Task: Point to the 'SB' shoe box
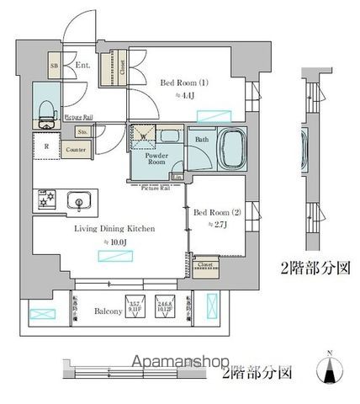coord(54,64)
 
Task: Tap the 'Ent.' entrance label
coord(83,63)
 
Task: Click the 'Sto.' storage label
coord(83,132)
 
